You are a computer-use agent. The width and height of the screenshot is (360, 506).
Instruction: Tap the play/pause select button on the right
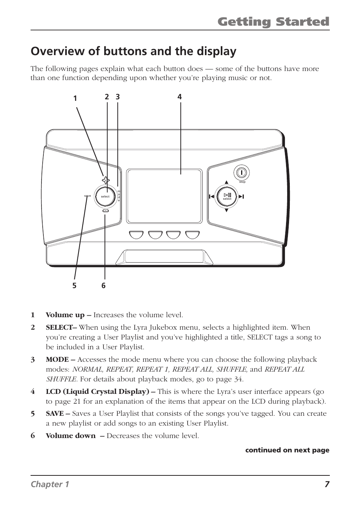coord(227,196)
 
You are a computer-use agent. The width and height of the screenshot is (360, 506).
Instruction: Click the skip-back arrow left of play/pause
coord(211,196)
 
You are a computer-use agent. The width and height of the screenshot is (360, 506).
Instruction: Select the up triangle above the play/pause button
coord(226,182)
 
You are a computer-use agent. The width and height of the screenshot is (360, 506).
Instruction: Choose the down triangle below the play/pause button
coord(226,210)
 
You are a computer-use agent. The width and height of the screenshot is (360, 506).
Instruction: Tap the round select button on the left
coord(105,196)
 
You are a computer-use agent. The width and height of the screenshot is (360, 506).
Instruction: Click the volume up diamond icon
coord(106,180)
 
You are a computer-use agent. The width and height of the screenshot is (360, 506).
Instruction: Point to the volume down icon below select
coord(105,212)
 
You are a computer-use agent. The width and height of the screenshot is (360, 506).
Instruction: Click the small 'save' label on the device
coord(88,196)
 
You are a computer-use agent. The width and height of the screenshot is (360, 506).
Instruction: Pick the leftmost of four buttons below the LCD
coord(136,235)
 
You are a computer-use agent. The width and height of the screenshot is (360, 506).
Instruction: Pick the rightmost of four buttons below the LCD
coord(192,235)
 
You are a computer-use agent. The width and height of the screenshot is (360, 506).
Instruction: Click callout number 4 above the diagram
coord(180,97)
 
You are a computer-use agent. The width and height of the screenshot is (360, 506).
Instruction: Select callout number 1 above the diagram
coord(75,99)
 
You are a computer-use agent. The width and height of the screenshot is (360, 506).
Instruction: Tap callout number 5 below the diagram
coord(74,286)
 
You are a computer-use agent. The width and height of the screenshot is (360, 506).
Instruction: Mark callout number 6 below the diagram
coord(103,286)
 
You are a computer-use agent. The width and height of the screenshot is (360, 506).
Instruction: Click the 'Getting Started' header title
coord(273,22)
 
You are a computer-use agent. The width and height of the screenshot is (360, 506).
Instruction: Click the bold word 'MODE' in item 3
coord(57,359)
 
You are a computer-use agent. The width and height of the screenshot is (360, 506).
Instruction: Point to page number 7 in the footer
coord(327,484)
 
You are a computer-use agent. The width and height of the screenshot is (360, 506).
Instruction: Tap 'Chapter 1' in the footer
coord(50,484)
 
